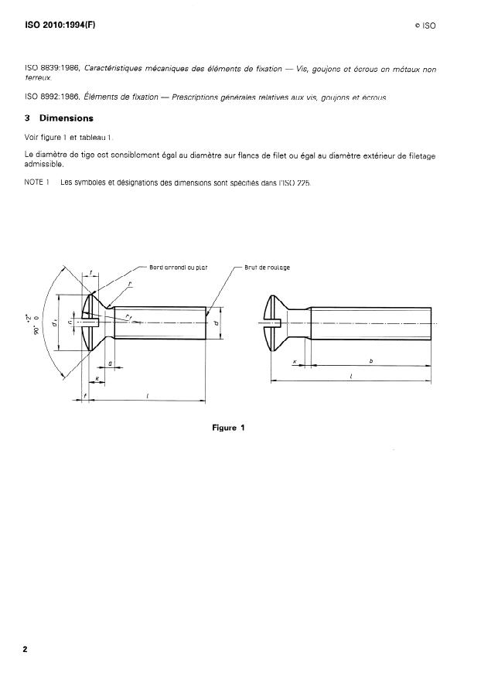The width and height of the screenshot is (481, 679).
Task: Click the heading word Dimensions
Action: point(66,118)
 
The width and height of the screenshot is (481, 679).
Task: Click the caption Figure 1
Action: point(228,428)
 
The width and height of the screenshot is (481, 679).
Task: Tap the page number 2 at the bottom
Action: point(26,649)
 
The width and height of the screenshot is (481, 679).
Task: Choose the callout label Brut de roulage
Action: point(267,268)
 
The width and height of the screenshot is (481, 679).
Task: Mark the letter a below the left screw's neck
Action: point(111,362)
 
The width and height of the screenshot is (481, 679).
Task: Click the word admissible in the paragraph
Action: point(45,164)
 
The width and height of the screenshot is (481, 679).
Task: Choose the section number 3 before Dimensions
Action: point(27,118)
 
